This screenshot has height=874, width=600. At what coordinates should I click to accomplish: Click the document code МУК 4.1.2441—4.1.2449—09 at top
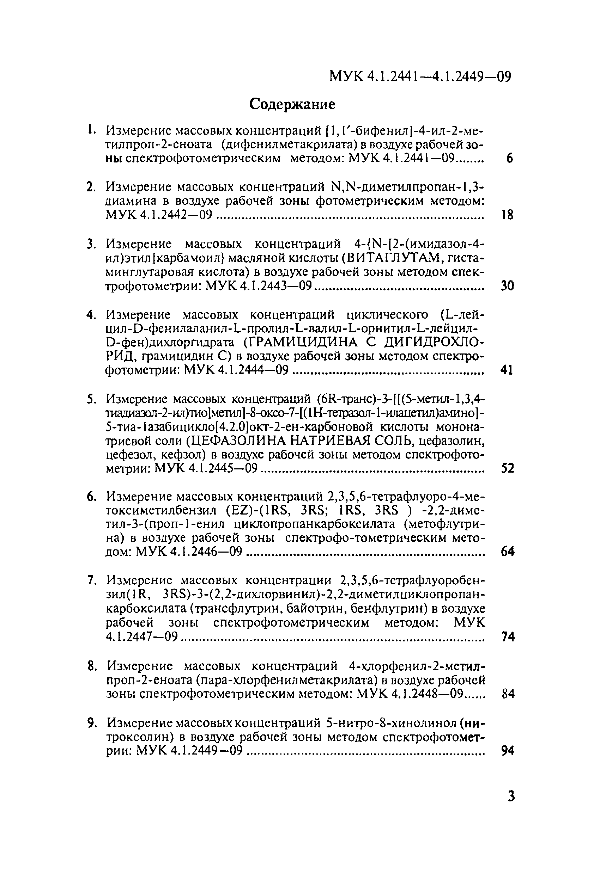click(420, 76)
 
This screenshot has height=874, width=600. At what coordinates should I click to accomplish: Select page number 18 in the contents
click(507, 215)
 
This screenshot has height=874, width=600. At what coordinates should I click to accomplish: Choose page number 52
click(507, 469)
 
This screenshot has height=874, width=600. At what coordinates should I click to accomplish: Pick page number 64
click(507, 552)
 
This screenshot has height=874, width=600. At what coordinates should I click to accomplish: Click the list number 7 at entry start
click(90, 580)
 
